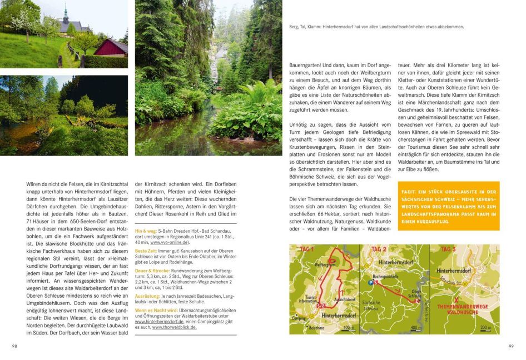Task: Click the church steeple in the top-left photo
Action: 65,13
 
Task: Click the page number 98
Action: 14,346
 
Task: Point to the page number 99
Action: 511,346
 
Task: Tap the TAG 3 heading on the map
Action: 448,249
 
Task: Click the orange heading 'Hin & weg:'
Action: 146,230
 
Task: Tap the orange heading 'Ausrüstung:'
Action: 148,296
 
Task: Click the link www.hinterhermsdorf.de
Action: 160,322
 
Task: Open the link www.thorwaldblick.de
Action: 175,327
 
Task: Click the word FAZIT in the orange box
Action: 410,192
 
